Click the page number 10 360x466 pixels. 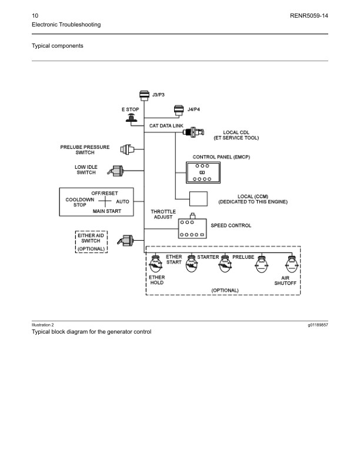(x=35, y=14)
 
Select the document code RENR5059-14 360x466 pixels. (x=309, y=14)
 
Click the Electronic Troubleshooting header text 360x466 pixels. (x=66, y=25)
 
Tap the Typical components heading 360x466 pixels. (x=57, y=45)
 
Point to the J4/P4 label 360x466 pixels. (x=194, y=109)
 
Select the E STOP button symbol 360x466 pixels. (x=130, y=119)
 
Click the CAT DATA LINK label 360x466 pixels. (x=166, y=126)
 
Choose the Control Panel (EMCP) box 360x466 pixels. (x=201, y=172)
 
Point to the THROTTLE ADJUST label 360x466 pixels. (x=163, y=214)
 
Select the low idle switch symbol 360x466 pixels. (x=115, y=171)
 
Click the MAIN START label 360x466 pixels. (x=106, y=211)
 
